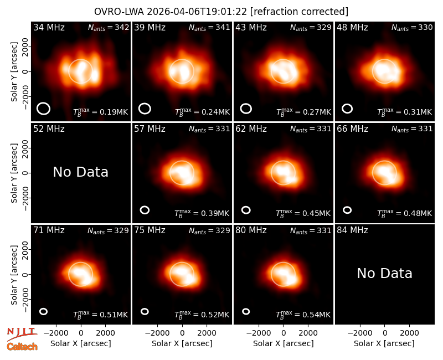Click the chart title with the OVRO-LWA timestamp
(221, 12)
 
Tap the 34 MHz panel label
(49, 27)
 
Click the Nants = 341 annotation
(209, 27)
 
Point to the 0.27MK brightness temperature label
(303, 112)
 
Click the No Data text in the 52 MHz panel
(80, 172)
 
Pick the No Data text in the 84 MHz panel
(384, 273)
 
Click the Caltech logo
(22, 347)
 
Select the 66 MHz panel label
(352, 129)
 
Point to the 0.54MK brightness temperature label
(303, 315)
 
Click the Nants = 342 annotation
(109, 27)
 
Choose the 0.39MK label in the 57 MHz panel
(202, 213)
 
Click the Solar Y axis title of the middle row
(14, 173)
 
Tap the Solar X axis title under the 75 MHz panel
(182, 343)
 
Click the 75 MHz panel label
(150, 230)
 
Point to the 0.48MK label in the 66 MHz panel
(405, 213)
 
